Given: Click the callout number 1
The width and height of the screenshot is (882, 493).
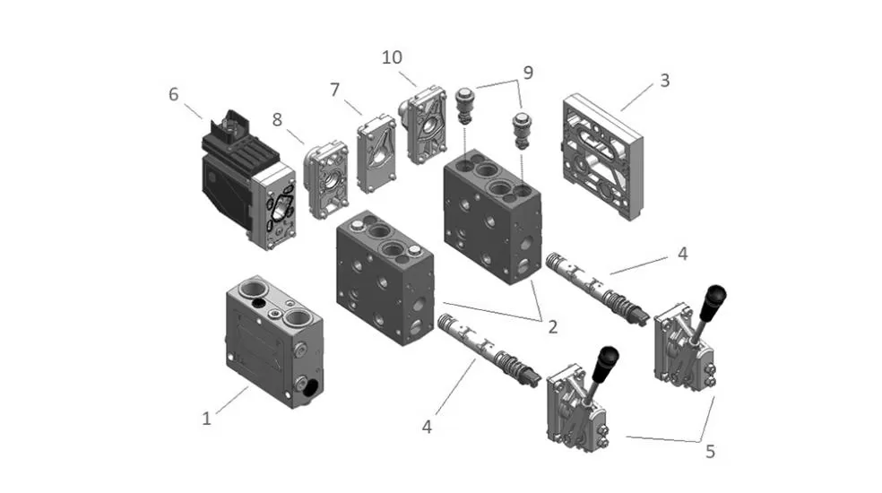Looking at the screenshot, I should coord(207,418).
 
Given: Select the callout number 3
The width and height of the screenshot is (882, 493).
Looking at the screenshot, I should coord(664,80).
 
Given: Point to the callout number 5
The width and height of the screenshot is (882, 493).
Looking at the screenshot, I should coord(710,452).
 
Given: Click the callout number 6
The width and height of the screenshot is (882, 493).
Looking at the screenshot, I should coord(174,93).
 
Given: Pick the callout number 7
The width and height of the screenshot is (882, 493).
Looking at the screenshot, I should coord(335,91).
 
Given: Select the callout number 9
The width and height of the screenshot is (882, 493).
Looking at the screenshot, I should coord(528,73).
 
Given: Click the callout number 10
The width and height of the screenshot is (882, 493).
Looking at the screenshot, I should coord(392,58).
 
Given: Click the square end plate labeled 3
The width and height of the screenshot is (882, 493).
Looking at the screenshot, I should coord(603,158).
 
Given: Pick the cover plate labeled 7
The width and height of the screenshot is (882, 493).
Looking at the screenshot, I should coord(376,153).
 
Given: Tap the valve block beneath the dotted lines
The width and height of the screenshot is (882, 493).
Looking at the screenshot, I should coord(493,215).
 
